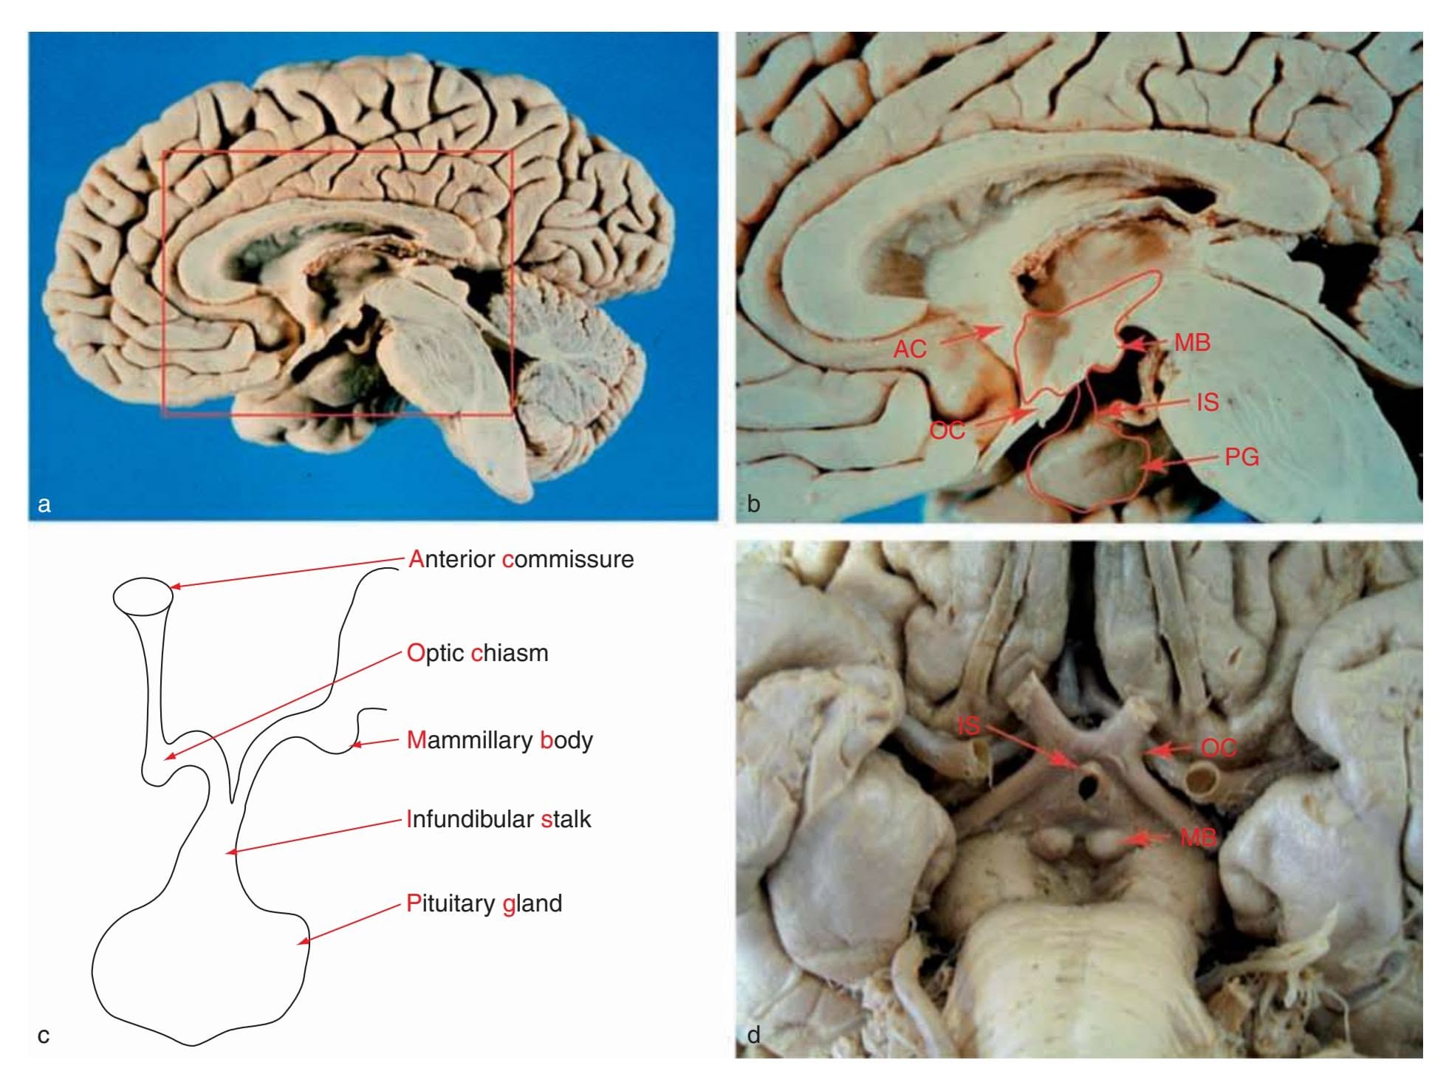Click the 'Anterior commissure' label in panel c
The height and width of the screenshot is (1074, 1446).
coord(521,559)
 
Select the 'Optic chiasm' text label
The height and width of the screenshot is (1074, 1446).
coord(477,653)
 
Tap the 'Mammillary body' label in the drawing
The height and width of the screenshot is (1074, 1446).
coord(500,740)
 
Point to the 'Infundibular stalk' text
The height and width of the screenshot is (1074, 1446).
coord(499,819)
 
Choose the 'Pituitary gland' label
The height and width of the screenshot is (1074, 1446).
coord(484,903)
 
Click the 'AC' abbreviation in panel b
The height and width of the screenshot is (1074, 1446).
coord(910,349)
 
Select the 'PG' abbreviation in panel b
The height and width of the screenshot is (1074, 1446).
coord(1242,457)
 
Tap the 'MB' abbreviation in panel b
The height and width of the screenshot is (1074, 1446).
coord(1192,343)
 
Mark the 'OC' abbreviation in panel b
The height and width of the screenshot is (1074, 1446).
coord(948,430)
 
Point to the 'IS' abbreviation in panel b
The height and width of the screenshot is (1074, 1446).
coord(1207,402)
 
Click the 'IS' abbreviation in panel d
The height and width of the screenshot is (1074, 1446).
coord(969,725)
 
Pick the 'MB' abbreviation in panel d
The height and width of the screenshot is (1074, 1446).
coord(1198,837)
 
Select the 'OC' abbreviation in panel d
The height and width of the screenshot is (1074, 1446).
coord(1219,748)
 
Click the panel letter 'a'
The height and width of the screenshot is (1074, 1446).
coord(44,504)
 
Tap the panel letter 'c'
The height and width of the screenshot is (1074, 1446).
coord(44,1036)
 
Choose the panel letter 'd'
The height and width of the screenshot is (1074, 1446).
coord(754,1034)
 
